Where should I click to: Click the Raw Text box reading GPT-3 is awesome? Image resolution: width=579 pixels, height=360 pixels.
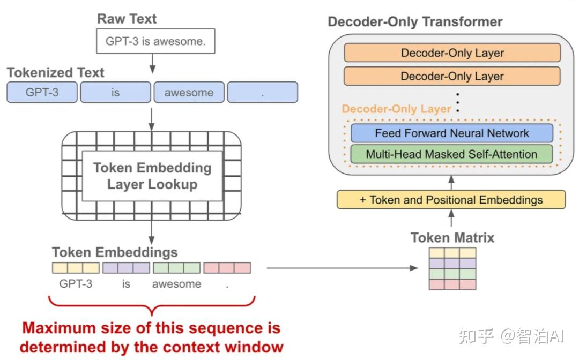[x=155, y=41]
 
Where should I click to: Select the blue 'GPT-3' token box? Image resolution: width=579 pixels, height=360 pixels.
[x=42, y=92]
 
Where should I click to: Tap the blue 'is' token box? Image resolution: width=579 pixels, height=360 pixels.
[x=116, y=92]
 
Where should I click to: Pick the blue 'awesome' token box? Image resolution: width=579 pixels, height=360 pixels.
[x=189, y=92]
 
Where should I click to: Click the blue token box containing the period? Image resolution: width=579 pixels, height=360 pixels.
[x=263, y=92]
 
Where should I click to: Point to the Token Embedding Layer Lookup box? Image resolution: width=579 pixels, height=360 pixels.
[x=152, y=176]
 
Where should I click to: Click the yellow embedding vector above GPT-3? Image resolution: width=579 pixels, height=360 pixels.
[x=76, y=268]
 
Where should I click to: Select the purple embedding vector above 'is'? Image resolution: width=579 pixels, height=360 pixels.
[x=127, y=268]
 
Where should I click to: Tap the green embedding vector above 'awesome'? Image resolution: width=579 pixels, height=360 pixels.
[x=177, y=268]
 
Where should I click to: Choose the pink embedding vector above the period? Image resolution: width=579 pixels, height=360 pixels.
[x=227, y=268]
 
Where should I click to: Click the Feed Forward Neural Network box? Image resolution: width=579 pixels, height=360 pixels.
[x=452, y=133]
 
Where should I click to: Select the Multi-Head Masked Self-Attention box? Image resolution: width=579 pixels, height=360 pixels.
[x=451, y=154]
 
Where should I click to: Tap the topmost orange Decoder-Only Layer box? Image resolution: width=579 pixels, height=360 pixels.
[x=452, y=52]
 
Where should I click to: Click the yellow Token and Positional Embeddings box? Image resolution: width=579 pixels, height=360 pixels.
[x=451, y=199]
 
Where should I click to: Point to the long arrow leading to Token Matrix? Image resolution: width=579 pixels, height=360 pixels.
[x=342, y=268]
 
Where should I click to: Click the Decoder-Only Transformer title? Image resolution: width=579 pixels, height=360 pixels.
[x=415, y=22]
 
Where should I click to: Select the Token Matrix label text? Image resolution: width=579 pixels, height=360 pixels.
[x=452, y=237]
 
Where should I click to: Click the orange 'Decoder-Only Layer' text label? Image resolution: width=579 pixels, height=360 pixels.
[x=397, y=109]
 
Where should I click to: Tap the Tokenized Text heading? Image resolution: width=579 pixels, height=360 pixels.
[x=55, y=73]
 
